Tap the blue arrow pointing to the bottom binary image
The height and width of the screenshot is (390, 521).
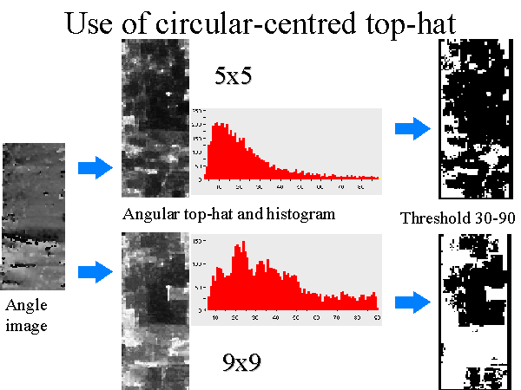412,302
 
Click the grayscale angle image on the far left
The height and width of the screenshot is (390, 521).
33,216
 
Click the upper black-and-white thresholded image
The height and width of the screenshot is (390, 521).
471,110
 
